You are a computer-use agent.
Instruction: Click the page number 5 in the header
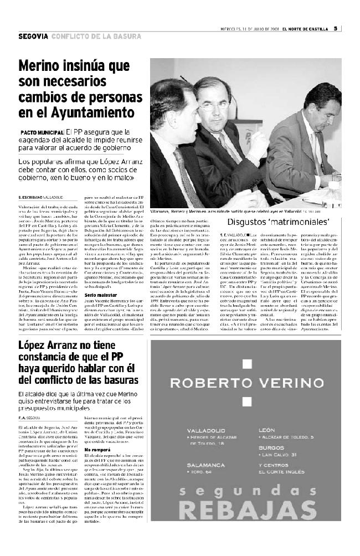click(x=336, y=29)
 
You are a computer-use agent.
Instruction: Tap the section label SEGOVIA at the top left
click(x=33, y=37)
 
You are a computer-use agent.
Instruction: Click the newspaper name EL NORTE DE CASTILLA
click(x=305, y=29)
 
